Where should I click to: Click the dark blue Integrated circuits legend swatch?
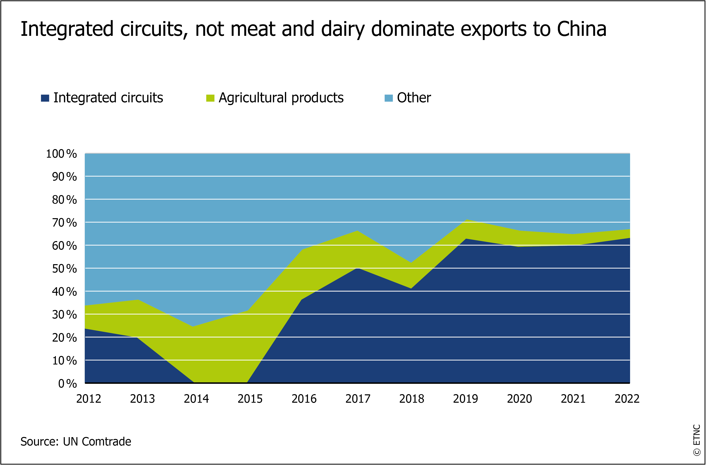point(45,98)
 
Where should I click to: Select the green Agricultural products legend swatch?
point(210,98)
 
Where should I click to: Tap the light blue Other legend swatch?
point(389,98)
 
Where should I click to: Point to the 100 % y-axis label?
point(61,154)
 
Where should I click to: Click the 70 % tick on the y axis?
point(64,223)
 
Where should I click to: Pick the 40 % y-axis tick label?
point(64,292)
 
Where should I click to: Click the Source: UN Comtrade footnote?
point(76,442)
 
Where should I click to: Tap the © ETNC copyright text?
point(697,440)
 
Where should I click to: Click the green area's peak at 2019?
point(467,220)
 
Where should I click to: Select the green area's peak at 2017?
point(357,231)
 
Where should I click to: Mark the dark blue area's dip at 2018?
point(411,288)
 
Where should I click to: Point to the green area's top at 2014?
point(193,327)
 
